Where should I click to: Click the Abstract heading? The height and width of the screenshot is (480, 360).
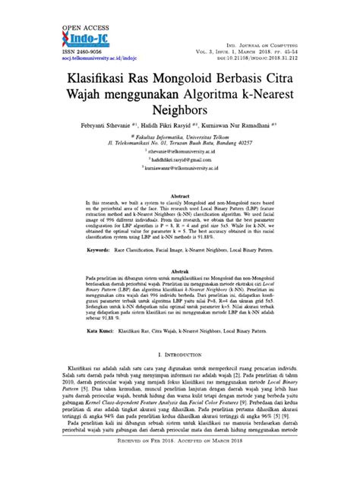point(179,216)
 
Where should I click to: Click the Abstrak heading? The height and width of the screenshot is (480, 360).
point(179,291)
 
